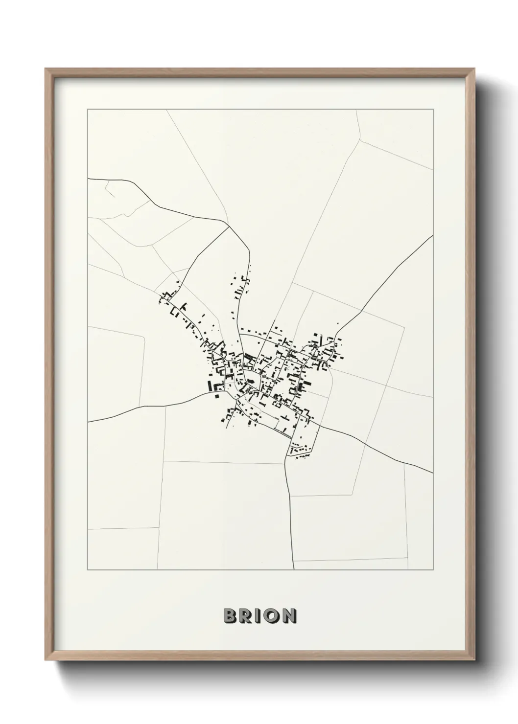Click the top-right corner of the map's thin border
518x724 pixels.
(433, 110)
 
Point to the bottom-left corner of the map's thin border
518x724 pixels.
(88, 570)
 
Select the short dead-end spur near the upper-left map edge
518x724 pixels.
(110, 191)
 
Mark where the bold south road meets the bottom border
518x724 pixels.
(293, 570)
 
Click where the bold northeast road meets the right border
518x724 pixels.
(433, 236)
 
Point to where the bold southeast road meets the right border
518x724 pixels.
(433, 473)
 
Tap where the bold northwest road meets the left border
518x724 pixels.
(88, 179)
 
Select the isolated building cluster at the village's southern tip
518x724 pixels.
(300, 449)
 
